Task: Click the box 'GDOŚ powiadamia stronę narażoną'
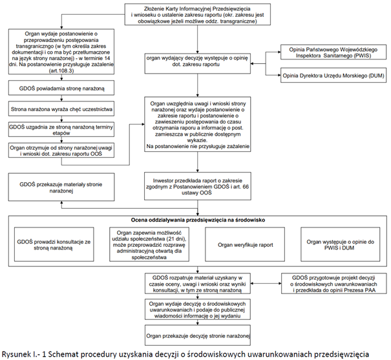click(61, 88)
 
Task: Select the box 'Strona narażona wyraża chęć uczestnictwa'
click(61, 109)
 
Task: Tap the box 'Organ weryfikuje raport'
click(245, 244)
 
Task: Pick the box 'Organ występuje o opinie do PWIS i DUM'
click(341, 244)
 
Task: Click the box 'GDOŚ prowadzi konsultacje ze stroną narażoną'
click(54, 244)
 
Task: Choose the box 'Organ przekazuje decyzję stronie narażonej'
click(198, 335)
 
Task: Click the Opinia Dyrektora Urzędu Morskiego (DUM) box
click(333, 75)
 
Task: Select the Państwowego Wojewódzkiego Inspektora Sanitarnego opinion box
click(333, 52)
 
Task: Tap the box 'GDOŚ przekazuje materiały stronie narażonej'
click(61, 187)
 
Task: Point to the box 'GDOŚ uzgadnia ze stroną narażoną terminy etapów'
click(61, 129)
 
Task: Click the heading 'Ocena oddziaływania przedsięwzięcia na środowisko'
click(198, 220)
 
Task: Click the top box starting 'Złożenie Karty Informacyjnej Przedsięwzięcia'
click(198, 14)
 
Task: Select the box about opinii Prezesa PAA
click(334, 284)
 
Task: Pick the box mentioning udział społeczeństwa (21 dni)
click(149, 244)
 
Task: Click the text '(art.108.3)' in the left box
click(61, 70)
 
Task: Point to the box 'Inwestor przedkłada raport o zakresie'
click(198, 186)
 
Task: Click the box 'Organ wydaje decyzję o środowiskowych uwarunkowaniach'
click(198, 310)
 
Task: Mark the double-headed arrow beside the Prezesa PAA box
click(266, 284)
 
